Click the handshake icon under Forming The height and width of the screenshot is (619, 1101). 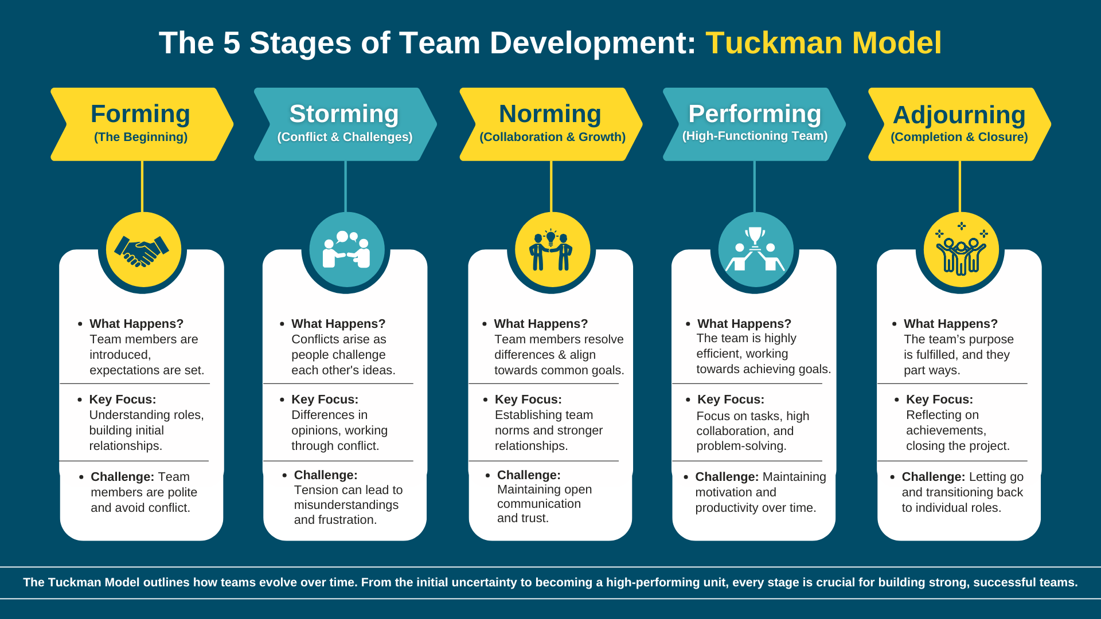coord(142,250)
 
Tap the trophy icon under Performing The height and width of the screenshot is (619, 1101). coord(755,236)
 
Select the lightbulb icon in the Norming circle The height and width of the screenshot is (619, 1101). coord(550,237)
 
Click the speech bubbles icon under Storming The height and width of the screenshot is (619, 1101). coord(347,236)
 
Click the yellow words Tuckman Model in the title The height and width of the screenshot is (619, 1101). coord(823,43)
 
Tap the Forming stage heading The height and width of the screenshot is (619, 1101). coord(140,113)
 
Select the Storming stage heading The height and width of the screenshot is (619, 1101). coord(344,113)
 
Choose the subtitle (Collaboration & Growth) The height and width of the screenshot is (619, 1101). coord(552,137)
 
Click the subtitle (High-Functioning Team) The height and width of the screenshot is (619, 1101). coord(755,136)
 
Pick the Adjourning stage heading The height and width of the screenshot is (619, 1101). coord(959,115)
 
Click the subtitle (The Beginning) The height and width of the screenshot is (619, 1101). coord(140,137)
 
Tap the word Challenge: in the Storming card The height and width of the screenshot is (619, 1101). coord(325,475)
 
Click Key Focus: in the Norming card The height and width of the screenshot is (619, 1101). coord(528,399)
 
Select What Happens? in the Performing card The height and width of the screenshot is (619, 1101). coord(744,324)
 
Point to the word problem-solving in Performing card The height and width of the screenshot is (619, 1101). coord(741,446)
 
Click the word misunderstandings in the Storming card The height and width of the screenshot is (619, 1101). coord(346,505)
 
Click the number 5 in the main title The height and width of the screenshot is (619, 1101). coord(232,43)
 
